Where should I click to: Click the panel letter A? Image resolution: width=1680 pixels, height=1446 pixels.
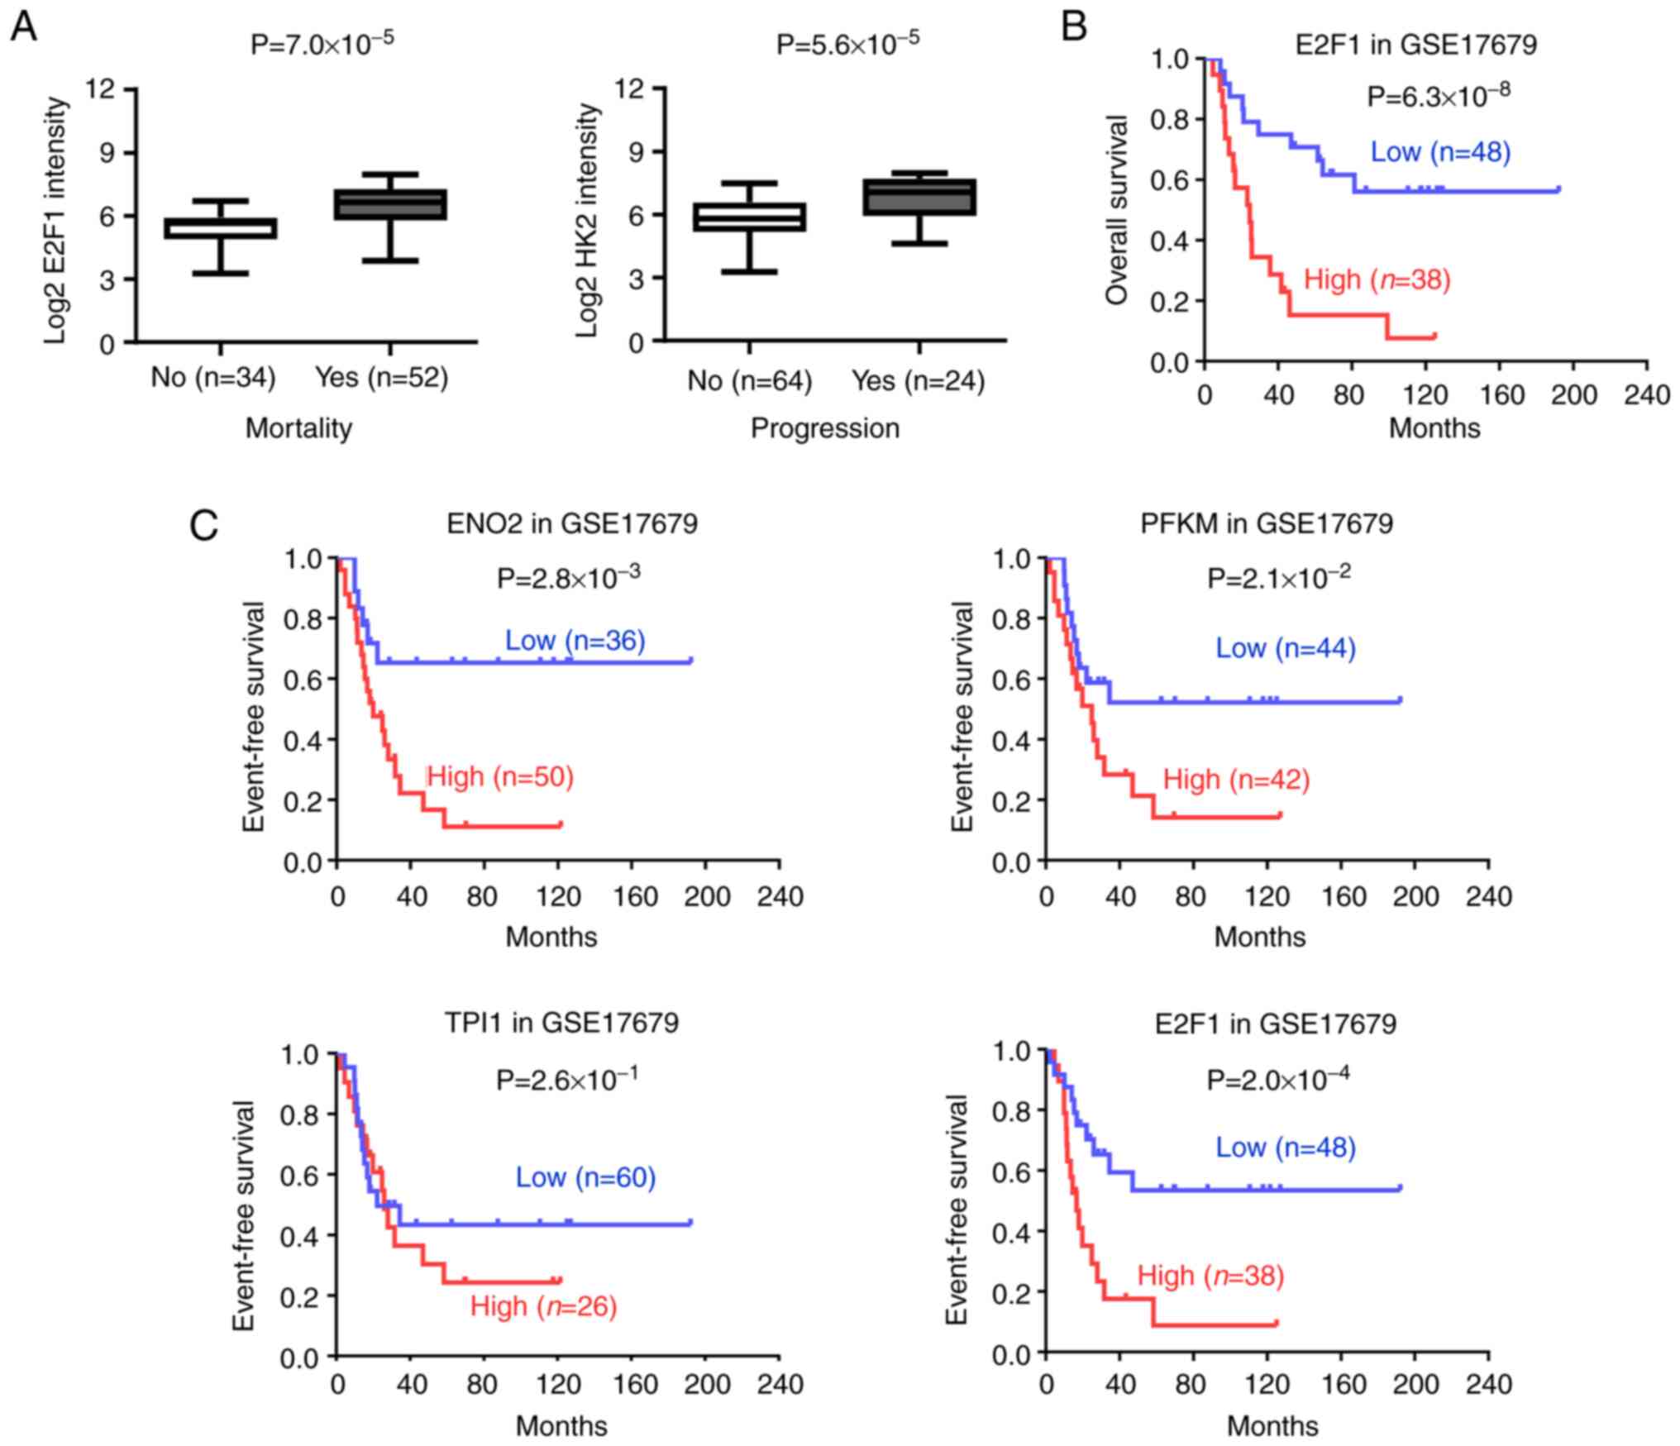(25, 28)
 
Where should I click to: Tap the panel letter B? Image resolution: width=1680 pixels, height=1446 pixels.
(1073, 28)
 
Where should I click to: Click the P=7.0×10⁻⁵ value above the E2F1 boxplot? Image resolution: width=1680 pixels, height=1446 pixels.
(322, 43)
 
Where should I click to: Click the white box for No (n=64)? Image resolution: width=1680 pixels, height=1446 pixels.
(749, 217)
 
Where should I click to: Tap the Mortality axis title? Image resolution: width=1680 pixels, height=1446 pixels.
(298, 428)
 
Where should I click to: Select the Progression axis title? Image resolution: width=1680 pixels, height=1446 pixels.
(824, 428)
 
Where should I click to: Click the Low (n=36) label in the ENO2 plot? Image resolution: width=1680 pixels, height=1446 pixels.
(575, 641)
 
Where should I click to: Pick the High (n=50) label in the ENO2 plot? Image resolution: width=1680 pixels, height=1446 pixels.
(499, 777)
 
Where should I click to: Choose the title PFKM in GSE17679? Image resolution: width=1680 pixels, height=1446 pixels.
(1267, 523)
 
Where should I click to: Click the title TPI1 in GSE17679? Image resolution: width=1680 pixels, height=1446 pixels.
(561, 1023)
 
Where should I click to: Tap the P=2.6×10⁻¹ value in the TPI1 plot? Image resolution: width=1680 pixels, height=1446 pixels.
(567, 1079)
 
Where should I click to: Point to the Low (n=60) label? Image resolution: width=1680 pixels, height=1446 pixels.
(585, 1177)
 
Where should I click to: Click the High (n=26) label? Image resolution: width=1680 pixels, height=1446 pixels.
(543, 1306)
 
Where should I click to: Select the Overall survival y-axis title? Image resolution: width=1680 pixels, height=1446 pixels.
(1117, 210)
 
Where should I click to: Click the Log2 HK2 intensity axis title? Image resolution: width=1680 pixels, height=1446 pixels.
(586, 220)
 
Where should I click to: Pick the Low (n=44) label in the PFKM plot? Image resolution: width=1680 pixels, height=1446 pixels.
(1286, 648)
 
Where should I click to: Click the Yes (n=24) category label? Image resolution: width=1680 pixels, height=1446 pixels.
(918, 380)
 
